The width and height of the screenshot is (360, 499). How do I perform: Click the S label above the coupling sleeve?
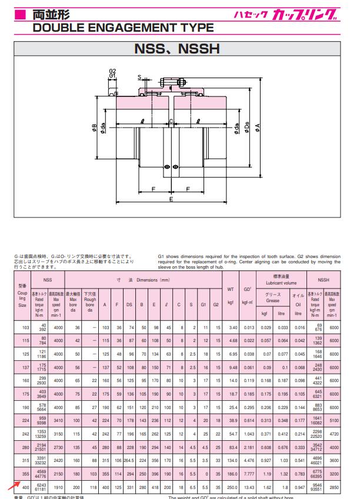pyautogui.click(x=139, y=77)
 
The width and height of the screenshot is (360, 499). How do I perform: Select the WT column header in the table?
pyautogui.click(x=231, y=289)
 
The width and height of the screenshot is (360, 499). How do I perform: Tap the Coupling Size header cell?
pyautogui.click(x=22, y=297)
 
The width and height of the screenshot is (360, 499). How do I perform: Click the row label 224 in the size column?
pyautogui.click(x=25, y=420)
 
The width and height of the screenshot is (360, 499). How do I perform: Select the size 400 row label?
pyautogui.click(x=25, y=487)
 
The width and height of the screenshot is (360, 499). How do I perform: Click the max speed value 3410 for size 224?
pyautogui.click(x=58, y=420)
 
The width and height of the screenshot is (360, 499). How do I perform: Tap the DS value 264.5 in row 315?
pyautogui.click(x=129, y=460)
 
